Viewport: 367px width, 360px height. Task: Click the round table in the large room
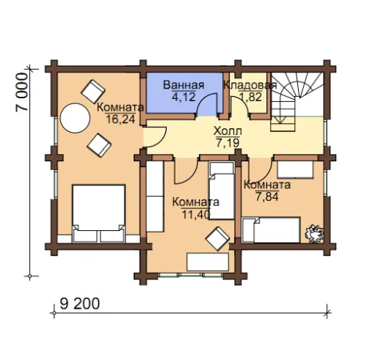pos(75,118)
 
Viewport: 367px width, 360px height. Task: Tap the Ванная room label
pos(183,85)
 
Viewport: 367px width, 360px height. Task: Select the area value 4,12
pos(183,97)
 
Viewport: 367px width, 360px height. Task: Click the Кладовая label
pos(250,85)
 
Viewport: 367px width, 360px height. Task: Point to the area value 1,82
pos(251,97)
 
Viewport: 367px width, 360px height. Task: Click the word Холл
pos(228,131)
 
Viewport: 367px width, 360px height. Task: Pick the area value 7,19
pos(228,143)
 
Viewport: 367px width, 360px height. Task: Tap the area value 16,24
pos(120,119)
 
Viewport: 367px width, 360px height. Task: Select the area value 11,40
pos(196,214)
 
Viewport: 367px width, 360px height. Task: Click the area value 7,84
pos(267,196)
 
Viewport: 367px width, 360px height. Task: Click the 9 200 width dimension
pos(80,304)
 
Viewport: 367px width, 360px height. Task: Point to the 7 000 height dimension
pos(22,92)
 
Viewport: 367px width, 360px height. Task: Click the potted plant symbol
pos(314,234)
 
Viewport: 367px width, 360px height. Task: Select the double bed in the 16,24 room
pos(99,213)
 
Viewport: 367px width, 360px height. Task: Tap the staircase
pos(297,102)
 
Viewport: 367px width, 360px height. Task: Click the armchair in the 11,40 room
pos(217,238)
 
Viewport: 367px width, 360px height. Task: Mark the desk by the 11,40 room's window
pos(208,262)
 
